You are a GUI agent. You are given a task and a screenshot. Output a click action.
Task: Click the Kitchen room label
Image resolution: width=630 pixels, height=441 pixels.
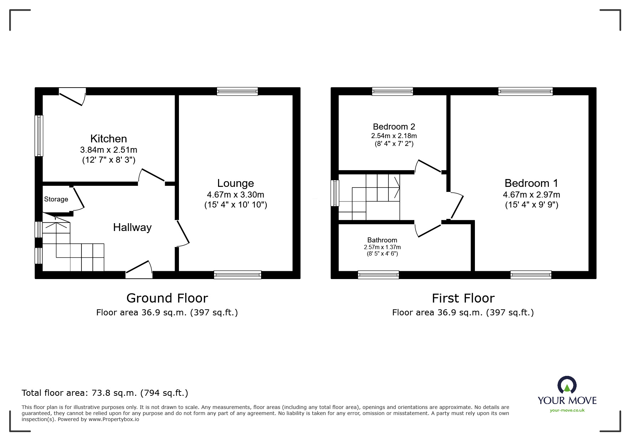coord(108,138)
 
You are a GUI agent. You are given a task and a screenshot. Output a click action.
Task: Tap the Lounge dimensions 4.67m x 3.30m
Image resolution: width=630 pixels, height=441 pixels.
coord(235,195)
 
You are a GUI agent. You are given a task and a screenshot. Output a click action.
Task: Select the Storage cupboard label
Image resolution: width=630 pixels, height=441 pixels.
coord(56,199)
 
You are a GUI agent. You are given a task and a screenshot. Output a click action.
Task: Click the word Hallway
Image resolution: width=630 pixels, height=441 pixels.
coord(132,227)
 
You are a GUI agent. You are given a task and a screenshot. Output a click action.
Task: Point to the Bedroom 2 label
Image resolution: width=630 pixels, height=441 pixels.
coord(394,127)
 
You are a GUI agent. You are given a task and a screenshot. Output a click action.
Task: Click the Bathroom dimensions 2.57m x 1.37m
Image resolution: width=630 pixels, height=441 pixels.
coord(382,247)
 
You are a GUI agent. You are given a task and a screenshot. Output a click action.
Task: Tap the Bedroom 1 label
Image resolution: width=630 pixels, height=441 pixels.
coord(531,183)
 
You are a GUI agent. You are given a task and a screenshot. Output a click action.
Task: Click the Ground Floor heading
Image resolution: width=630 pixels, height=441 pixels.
coord(167,298)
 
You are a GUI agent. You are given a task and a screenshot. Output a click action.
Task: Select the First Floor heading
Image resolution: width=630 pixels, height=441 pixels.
coord(463,298)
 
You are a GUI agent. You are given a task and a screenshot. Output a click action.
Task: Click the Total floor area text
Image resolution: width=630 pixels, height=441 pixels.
coord(105,393)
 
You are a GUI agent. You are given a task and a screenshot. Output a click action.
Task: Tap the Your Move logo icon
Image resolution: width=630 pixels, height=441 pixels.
coord(567,385)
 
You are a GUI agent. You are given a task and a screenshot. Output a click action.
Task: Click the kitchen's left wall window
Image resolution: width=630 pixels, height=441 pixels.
coord(39,136)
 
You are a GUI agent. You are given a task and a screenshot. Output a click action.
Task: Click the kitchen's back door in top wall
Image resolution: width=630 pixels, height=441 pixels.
coord(73,95)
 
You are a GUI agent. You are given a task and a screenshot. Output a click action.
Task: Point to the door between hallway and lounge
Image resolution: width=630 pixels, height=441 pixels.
coord(182,233)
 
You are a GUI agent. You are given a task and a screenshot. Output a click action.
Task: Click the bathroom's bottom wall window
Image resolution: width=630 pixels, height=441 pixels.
coord(378,274)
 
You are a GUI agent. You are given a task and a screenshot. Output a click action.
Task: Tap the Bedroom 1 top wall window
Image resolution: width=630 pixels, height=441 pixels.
coord(525,91)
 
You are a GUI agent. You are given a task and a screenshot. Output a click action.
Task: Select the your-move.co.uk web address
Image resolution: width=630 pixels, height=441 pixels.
coord(567,410)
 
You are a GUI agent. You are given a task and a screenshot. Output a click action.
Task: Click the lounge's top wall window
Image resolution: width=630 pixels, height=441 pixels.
coord(237,91)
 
